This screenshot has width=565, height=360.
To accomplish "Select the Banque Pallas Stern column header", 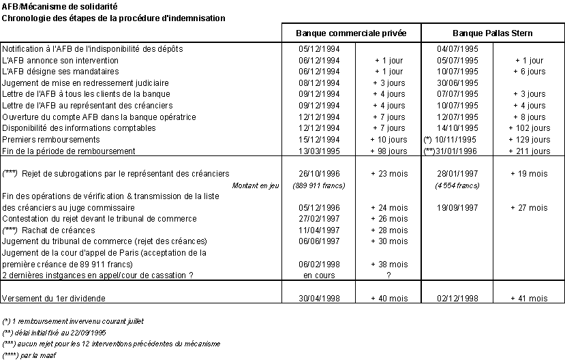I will click(493, 33).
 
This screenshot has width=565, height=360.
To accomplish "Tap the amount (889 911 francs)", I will click(318, 185).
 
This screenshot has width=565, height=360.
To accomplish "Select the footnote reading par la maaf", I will click(31, 355).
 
